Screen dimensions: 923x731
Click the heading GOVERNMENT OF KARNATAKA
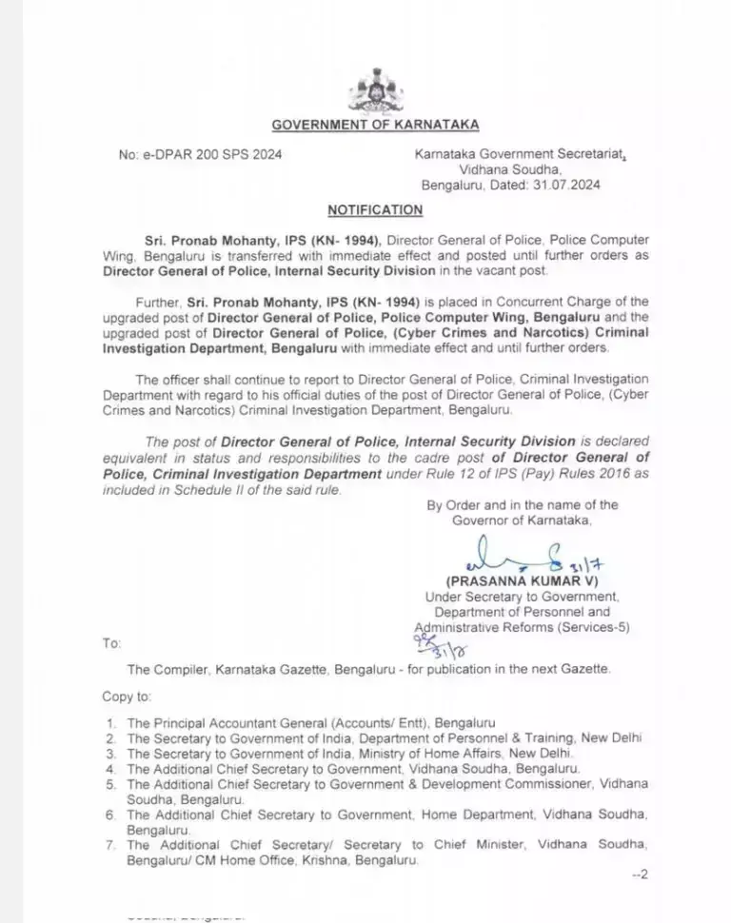click(375, 125)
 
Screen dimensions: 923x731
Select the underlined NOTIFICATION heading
click(375, 209)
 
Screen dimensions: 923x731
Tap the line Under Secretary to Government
click(522, 596)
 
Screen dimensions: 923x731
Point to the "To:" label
click(111, 644)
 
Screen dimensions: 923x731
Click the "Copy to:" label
click(127, 697)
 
